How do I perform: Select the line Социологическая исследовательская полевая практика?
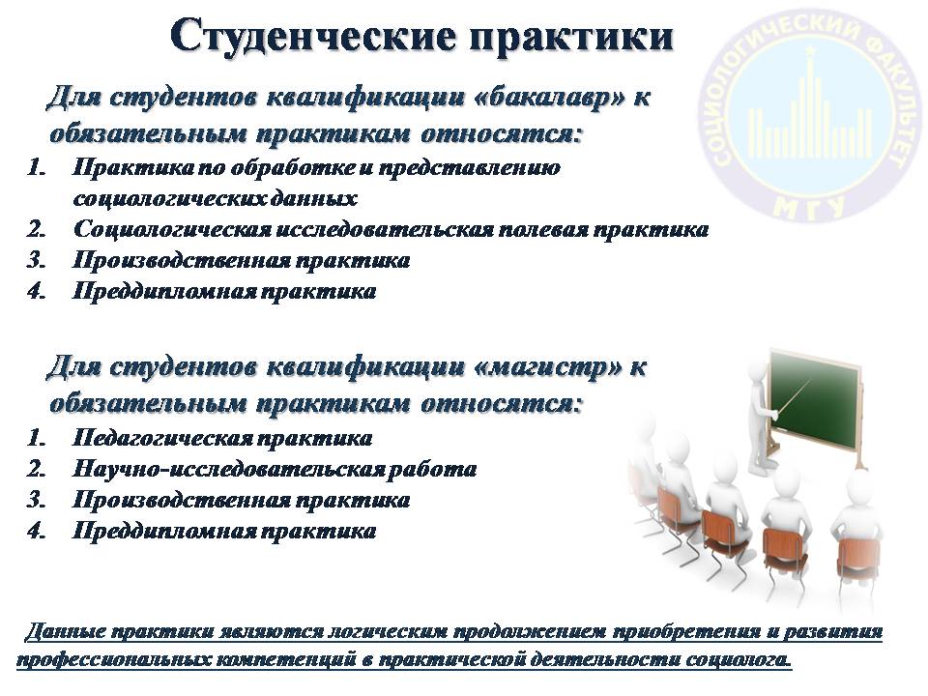pos(391,230)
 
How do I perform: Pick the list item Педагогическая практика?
pos(222,439)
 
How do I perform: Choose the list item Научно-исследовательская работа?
pos(275,470)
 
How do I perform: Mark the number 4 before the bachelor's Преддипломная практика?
pos(37,292)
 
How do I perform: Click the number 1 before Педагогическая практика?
pos(37,439)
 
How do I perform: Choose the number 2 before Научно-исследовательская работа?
pos(37,470)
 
